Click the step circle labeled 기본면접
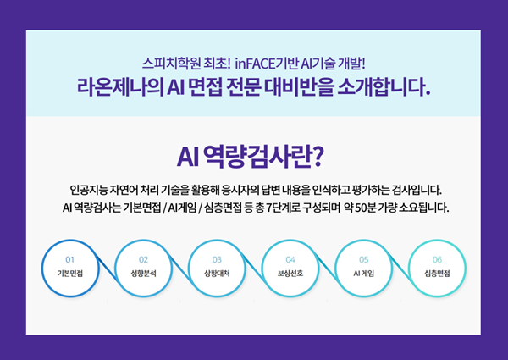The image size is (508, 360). click(70, 269)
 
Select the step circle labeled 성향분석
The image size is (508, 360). click(144, 269)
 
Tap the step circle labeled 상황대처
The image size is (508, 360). click(217, 269)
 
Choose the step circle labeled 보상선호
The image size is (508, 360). click(290, 269)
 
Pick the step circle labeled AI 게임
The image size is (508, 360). click(363, 269)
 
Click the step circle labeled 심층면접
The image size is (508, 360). click(437, 269)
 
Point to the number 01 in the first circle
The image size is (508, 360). click(70, 259)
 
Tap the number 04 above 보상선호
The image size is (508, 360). click(290, 259)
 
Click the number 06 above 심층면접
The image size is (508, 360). click(437, 259)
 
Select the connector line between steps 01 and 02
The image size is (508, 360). click(107, 269)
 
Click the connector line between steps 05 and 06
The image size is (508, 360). click(400, 269)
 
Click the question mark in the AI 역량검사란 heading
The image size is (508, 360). click(317, 158)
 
